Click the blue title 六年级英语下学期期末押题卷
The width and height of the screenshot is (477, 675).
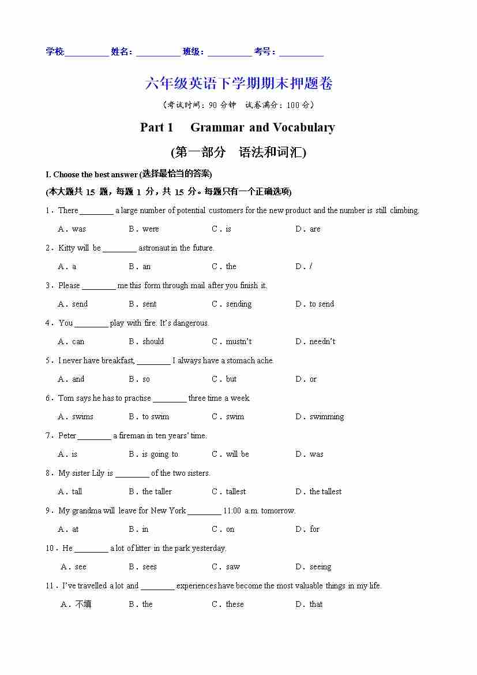[x=239, y=84]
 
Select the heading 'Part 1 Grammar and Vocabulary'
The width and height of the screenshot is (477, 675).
[x=237, y=128]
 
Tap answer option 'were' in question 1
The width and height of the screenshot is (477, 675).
[x=150, y=229]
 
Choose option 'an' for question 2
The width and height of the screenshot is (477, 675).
[x=147, y=267]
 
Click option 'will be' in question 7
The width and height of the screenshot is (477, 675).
[x=237, y=454]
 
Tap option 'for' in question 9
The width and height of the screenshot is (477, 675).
[x=314, y=529]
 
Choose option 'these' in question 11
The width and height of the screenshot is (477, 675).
[x=235, y=605]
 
